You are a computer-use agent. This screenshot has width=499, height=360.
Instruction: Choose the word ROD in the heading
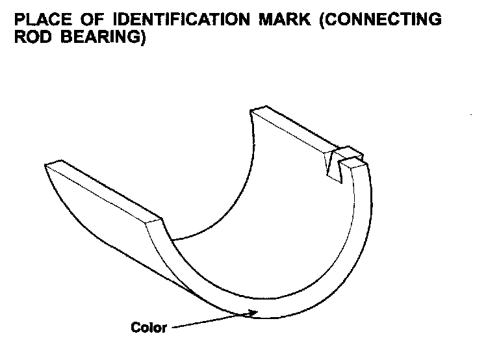click(31, 38)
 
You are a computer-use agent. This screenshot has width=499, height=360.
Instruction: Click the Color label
click(149, 327)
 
